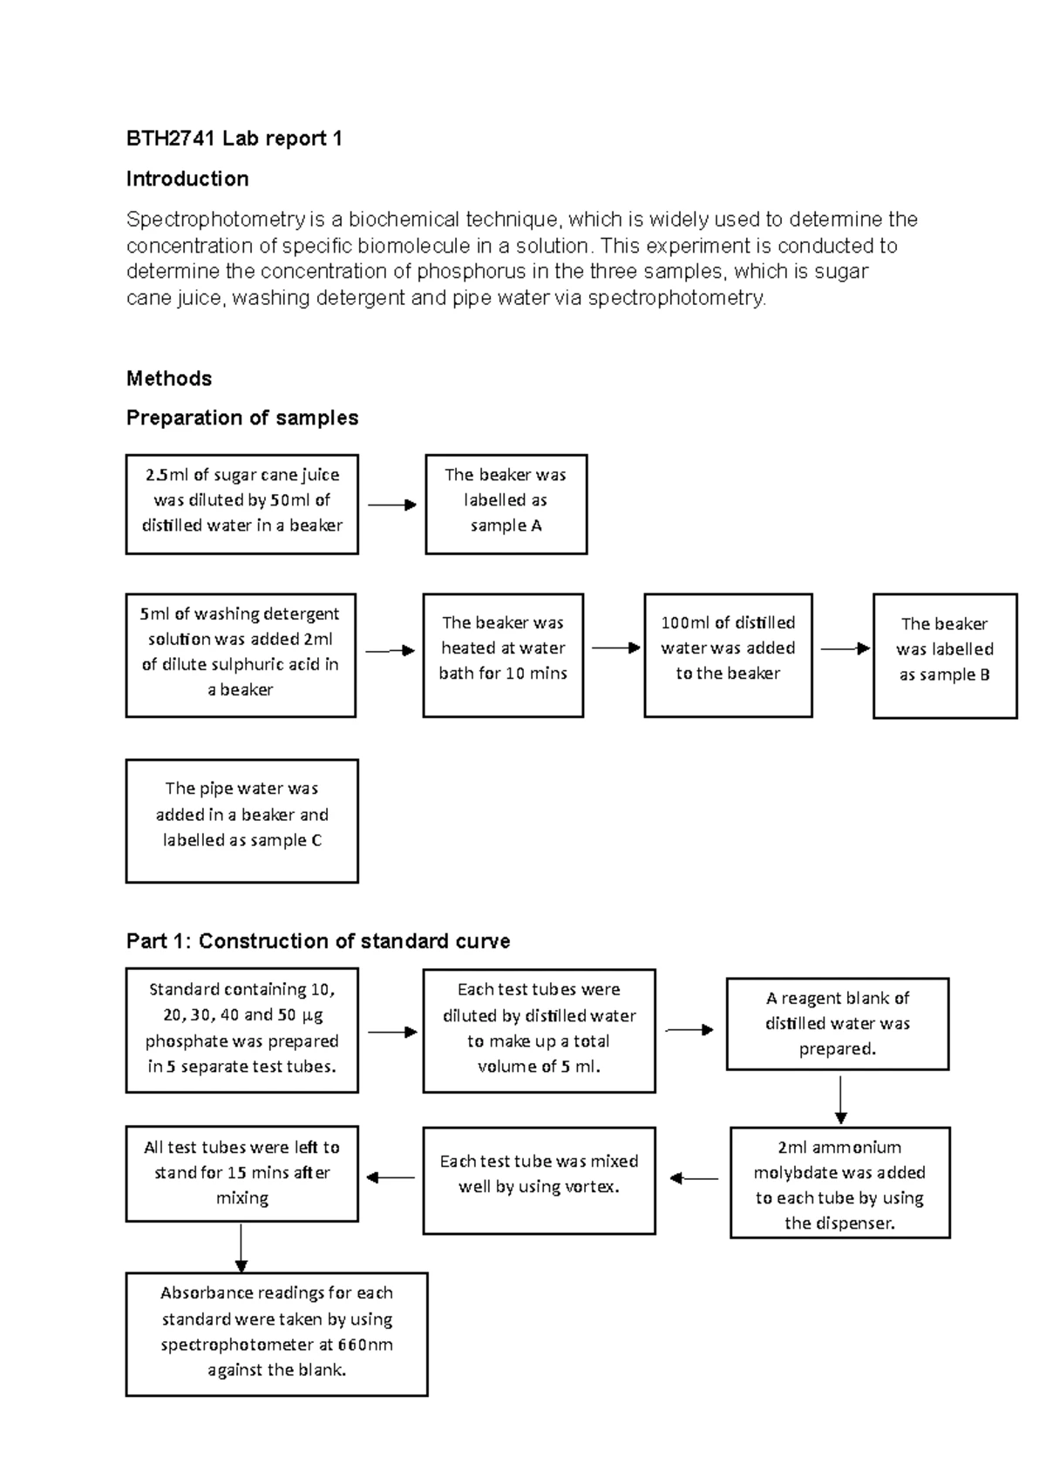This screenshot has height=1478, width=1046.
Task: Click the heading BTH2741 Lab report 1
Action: pyautogui.click(x=234, y=139)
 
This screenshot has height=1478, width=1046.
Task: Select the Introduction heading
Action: pyautogui.click(x=187, y=179)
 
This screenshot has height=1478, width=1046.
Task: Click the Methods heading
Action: pyautogui.click(x=169, y=378)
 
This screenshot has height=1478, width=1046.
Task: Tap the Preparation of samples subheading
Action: pyautogui.click(x=242, y=417)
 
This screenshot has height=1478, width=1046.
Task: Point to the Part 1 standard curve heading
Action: pyautogui.click(x=318, y=941)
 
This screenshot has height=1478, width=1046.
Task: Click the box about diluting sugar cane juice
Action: pyautogui.click(x=241, y=504)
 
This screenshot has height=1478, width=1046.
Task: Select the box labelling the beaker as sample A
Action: pyautogui.click(x=506, y=504)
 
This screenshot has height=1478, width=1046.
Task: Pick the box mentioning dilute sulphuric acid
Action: pyautogui.click(x=241, y=655)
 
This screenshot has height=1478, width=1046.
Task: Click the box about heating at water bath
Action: pyautogui.click(x=503, y=655)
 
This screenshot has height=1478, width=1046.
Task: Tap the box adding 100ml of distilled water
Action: pyautogui.click(x=728, y=655)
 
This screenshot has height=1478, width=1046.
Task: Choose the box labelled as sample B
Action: pyautogui.click(x=945, y=655)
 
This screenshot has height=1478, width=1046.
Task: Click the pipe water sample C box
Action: pyautogui.click(x=241, y=820)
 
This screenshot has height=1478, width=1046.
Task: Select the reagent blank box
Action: pyautogui.click(x=837, y=1024)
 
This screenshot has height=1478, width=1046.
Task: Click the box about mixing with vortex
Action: pyautogui.click(x=539, y=1180)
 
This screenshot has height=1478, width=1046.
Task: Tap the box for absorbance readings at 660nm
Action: pyautogui.click(x=276, y=1333)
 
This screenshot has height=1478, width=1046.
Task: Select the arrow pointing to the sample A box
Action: pyautogui.click(x=391, y=505)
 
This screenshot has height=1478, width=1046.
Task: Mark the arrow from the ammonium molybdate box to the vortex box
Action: pyautogui.click(x=694, y=1179)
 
